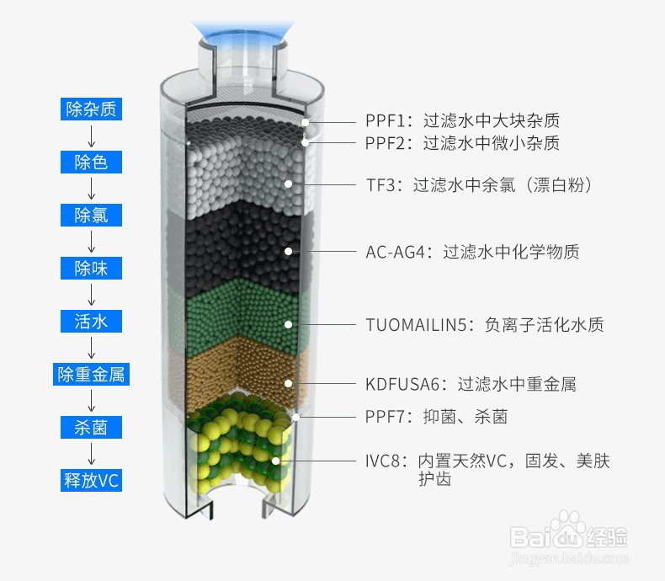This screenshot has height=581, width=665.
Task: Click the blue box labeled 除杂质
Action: pyautogui.click(x=91, y=109)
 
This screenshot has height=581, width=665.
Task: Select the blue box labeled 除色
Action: pyautogui.click(x=91, y=162)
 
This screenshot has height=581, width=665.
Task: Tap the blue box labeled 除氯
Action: pyautogui.click(x=91, y=215)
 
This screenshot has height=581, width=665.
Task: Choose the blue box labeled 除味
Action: pyautogui.click(x=91, y=268)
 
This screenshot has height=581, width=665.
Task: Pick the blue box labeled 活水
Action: pyautogui.click(x=91, y=321)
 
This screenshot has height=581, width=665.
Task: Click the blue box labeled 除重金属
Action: pyautogui.click(x=91, y=374)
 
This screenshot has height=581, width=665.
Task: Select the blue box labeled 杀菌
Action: pyautogui.click(x=91, y=427)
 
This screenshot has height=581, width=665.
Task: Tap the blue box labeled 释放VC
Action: pyautogui.click(x=91, y=480)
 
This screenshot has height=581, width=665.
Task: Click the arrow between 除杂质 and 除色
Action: pyautogui.click(x=91, y=136)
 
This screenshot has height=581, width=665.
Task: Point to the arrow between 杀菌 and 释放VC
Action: pyautogui.click(x=91, y=454)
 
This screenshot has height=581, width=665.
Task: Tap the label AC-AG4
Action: pyautogui.click(x=395, y=252)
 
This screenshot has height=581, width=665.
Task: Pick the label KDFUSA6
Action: pyautogui.click(x=402, y=384)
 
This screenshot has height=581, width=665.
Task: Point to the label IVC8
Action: pyautogui.click(x=382, y=461)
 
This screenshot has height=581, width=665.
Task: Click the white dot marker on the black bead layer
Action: pyautogui.click(x=289, y=252)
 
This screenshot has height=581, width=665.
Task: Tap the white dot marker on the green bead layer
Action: pyautogui.click(x=289, y=324)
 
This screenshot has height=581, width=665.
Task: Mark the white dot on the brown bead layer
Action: pyautogui.click(x=289, y=383)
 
